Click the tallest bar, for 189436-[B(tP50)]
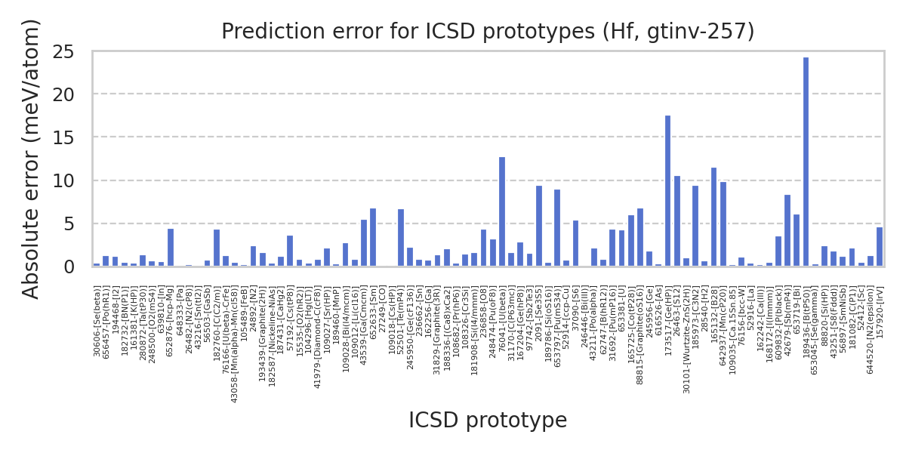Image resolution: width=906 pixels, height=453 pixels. click(806, 162)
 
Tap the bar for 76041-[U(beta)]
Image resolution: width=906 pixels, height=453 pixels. click(502, 211)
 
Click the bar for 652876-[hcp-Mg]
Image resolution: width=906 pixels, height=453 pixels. click(171, 248)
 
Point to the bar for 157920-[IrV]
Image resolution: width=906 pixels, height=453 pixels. click(879, 247)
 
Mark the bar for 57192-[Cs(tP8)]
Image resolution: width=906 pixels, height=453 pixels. click(290, 251)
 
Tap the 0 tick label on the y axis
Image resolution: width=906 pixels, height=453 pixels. click(69, 267)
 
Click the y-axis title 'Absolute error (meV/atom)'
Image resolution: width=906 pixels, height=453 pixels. click(31, 159)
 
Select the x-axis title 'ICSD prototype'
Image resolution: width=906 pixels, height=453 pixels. click(487, 421)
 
